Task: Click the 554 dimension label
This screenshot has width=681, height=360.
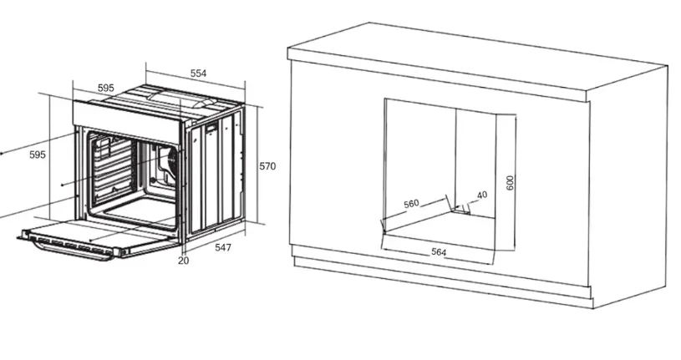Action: (x=199, y=74)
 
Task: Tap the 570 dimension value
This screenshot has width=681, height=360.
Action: (x=267, y=166)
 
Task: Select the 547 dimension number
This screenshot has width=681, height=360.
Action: (x=223, y=247)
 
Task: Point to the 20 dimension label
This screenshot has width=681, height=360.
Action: (x=184, y=261)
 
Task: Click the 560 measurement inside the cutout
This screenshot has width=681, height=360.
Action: (x=411, y=203)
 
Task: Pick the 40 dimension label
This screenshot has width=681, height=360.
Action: (x=482, y=195)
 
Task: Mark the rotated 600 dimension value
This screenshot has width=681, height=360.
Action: (x=511, y=182)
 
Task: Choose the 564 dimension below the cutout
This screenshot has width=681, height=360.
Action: (x=439, y=251)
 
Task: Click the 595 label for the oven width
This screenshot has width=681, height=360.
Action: (x=105, y=88)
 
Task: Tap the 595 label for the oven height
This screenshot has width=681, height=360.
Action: (x=38, y=155)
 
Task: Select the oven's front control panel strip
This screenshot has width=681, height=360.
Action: (x=126, y=122)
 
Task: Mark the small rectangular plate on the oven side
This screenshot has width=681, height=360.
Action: (x=211, y=128)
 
